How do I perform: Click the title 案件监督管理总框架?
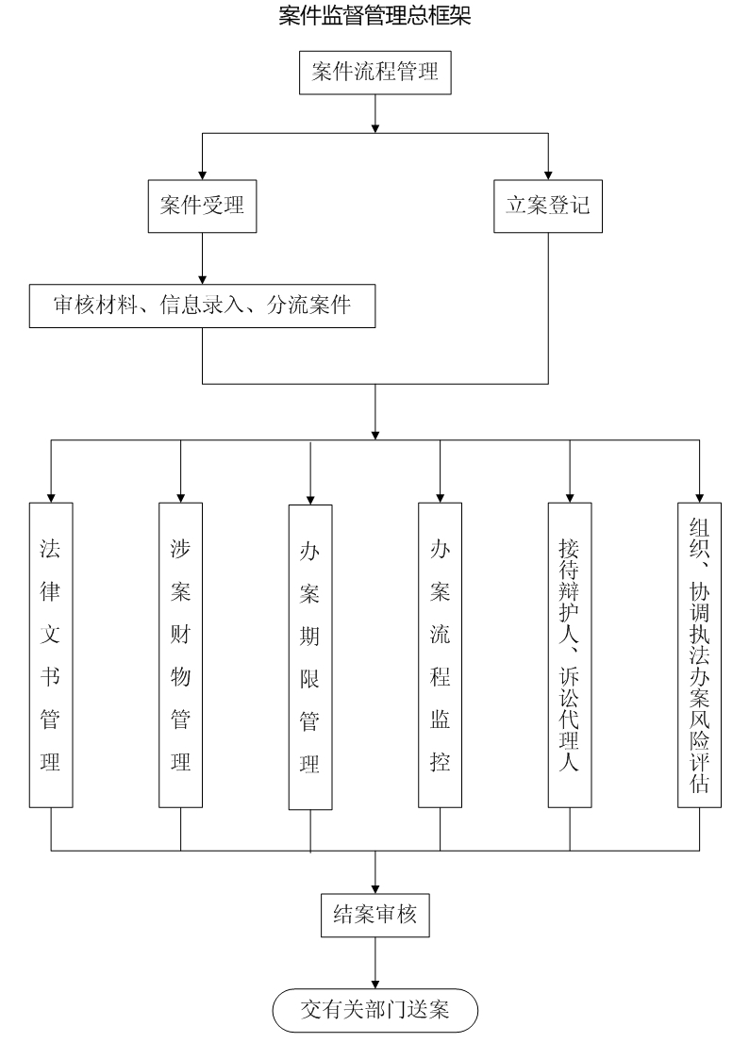[x=374, y=16]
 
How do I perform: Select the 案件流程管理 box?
[x=375, y=71]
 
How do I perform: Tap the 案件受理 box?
[x=202, y=206]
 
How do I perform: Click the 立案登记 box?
[x=548, y=206]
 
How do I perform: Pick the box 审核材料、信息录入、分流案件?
[x=202, y=306]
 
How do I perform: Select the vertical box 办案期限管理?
[x=310, y=656]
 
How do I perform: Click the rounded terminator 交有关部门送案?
[x=375, y=1011]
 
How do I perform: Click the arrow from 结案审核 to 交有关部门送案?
[x=375, y=962]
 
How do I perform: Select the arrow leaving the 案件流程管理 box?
[x=375, y=113]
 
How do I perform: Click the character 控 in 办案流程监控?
[x=440, y=762]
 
